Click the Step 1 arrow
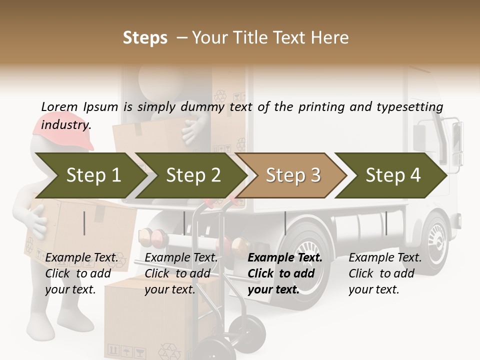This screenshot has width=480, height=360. pos(90,175)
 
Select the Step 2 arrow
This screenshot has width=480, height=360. pos(192,175)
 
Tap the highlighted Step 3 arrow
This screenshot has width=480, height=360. pos(292,175)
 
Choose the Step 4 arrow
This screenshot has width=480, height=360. pos(392,175)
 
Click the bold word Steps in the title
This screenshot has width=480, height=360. pos(145,37)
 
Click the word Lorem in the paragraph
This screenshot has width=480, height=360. pos(59,107)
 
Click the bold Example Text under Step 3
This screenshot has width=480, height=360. pos(285,258)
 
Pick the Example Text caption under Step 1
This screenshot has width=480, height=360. pos(81,258)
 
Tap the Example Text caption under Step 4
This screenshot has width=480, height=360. pos(385,258)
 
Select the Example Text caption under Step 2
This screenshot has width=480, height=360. pos(181,258)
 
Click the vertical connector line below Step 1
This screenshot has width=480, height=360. pos(84,223)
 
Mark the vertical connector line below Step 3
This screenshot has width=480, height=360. pos(285,223)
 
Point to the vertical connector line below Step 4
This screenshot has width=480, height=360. pos(386,223)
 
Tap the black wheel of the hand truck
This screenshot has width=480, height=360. pos(252,329)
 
